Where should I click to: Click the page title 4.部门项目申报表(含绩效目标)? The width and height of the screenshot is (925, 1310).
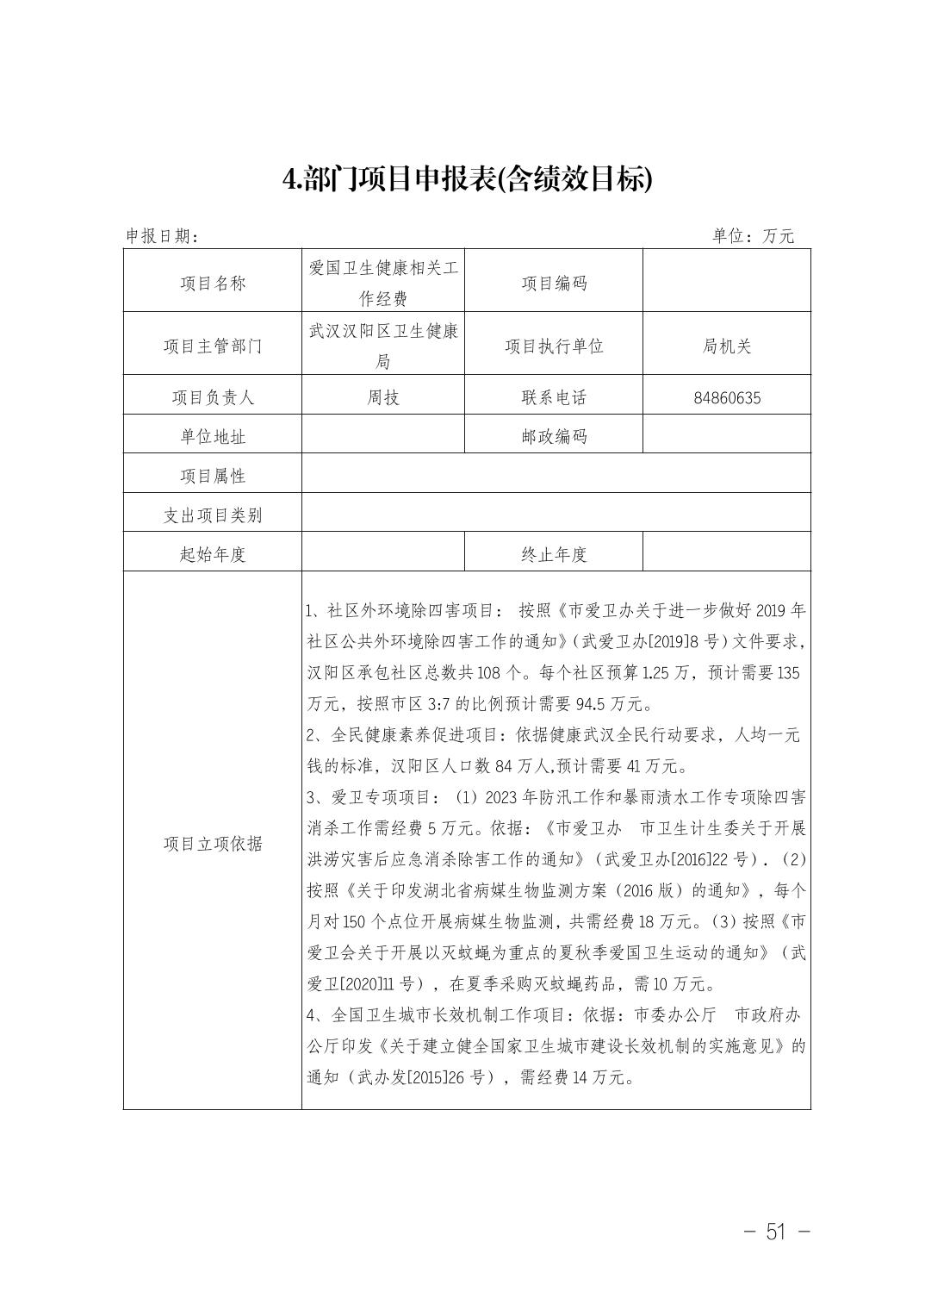click(468, 179)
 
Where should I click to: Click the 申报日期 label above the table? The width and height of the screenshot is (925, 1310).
click(163, 236)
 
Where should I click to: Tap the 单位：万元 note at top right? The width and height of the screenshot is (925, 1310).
click(753, 236)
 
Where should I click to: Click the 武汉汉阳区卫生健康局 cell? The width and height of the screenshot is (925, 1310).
click(383, 346)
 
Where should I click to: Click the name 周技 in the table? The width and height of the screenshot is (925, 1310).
click(383, 397)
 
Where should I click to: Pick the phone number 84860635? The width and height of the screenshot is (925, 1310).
click(727, 398)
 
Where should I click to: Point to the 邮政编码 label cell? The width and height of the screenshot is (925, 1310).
click(554, 437)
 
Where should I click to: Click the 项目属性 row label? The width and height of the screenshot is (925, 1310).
click(213, 476)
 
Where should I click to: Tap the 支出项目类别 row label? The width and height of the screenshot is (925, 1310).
click(213, 515)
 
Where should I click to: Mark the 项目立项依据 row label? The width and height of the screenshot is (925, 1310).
click(213, 844)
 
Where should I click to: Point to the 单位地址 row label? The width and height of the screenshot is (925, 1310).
click(213, 437)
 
